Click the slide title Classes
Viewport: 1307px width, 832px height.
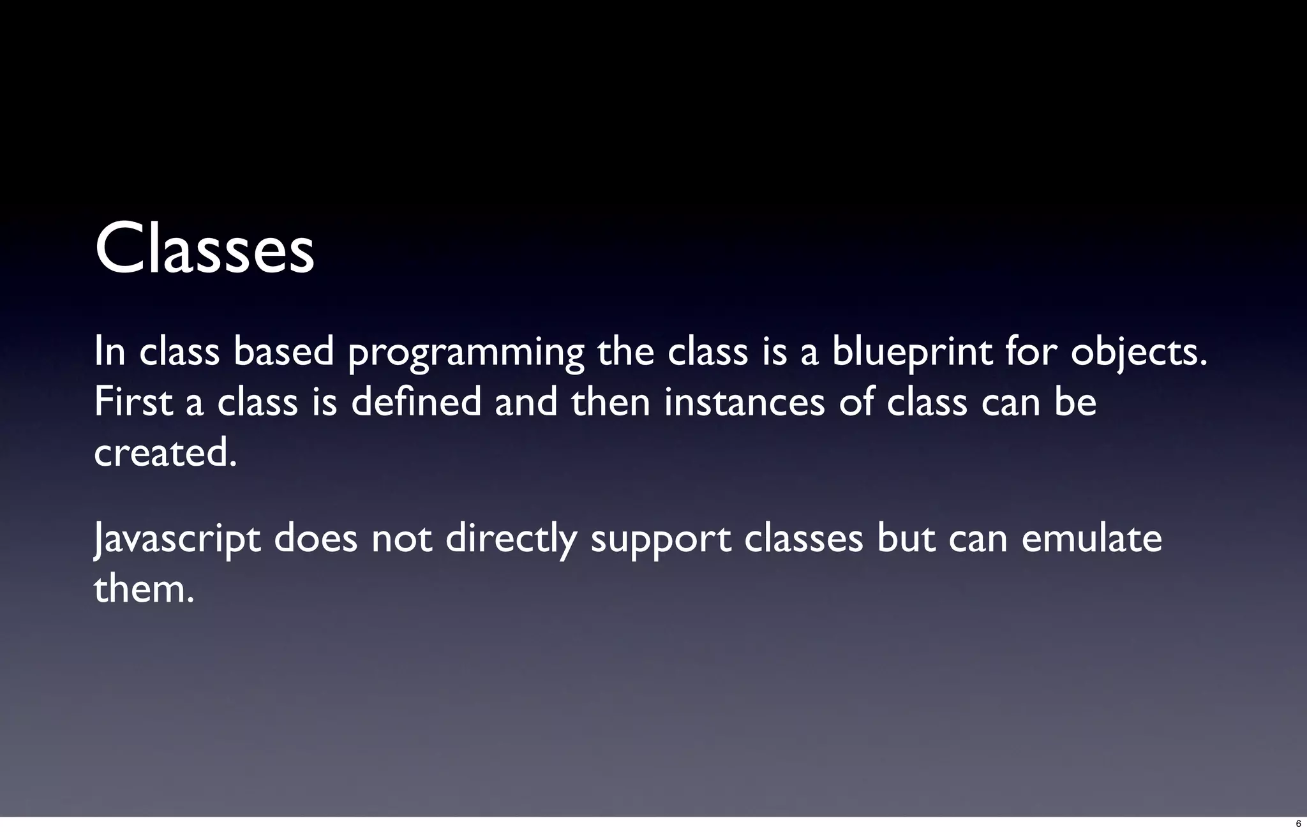click(204, 249)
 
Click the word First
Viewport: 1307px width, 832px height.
click(133, 403)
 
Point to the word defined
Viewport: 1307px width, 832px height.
click(415, 403)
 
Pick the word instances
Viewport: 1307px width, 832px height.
click(744, 403)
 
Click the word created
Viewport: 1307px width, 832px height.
click(165, 452)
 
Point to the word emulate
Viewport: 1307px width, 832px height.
click(1091, 539)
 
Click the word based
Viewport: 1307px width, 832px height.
click(283, 352)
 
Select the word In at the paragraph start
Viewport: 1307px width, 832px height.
click(109, 352)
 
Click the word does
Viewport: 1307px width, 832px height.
click(315, 539)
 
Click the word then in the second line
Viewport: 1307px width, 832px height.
click(610, 403)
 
